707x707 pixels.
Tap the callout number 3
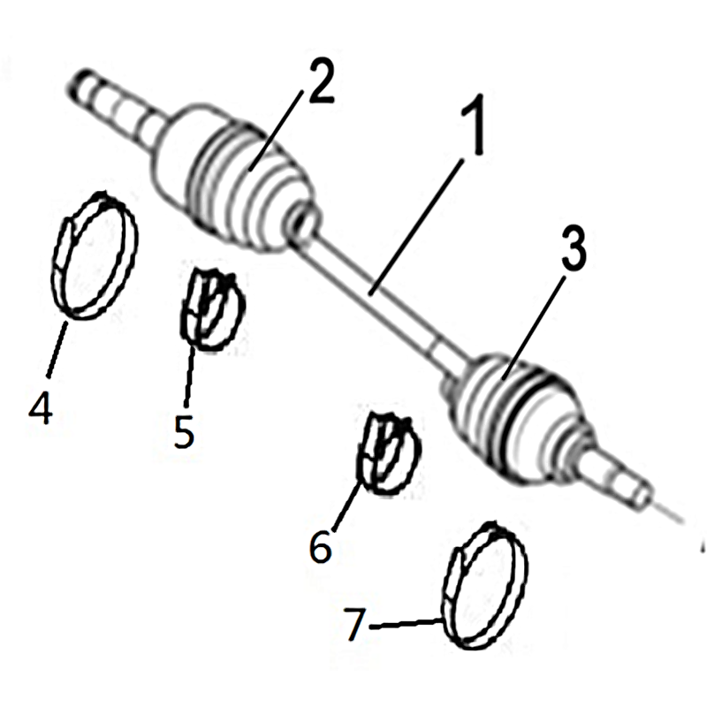pyautogui.click(x=573, y=249)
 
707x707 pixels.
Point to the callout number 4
pyautogui.click(x=41, y=407)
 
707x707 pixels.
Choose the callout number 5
pyautogui.click(x=185, y=432)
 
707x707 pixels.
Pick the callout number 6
pyautogui.click(x=321, y=546)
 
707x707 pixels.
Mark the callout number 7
pyautogui.click(x=355, y=624)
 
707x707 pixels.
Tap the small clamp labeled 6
pyautogui.click(x=389, y=452)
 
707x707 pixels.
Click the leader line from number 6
pyautogui.click(x=346, y=506)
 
